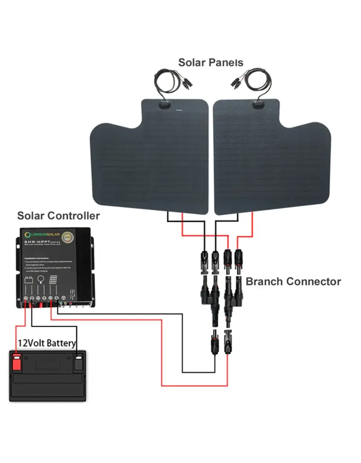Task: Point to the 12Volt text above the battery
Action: coord(32,343)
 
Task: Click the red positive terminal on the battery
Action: coord(17,361)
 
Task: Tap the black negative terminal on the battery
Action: coord(79,361)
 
